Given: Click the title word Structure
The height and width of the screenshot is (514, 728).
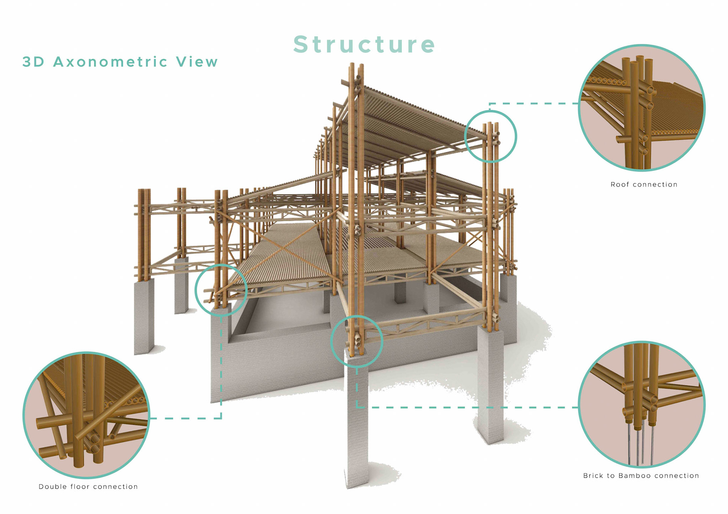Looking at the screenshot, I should (364, 44).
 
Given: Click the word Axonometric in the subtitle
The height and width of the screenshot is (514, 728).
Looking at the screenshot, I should (110, 62).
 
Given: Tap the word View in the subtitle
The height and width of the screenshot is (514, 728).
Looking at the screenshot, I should (197, 62).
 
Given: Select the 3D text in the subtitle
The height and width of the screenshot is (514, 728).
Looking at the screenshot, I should (33, 62).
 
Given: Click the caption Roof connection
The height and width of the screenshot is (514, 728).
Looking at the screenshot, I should (644, 184).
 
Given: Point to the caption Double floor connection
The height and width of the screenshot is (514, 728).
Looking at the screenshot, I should (88, 487).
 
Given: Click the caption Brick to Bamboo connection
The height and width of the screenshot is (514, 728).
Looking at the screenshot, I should (641, 476).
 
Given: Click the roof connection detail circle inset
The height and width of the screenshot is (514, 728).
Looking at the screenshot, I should (642, 108).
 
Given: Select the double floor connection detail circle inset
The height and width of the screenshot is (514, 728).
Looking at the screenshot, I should (86, 415).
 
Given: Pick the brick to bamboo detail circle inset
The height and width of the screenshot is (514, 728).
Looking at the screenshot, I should (642, 405).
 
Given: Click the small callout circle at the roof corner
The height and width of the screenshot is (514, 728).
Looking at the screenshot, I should (491, 136).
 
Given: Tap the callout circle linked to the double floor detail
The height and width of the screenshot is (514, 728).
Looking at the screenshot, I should (221, 290).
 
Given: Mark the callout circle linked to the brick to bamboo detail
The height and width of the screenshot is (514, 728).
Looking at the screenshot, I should (356, 341).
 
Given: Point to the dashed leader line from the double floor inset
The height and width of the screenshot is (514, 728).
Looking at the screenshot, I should (186, 419).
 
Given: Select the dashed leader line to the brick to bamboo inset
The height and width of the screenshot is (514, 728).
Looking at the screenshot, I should (466, 408).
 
